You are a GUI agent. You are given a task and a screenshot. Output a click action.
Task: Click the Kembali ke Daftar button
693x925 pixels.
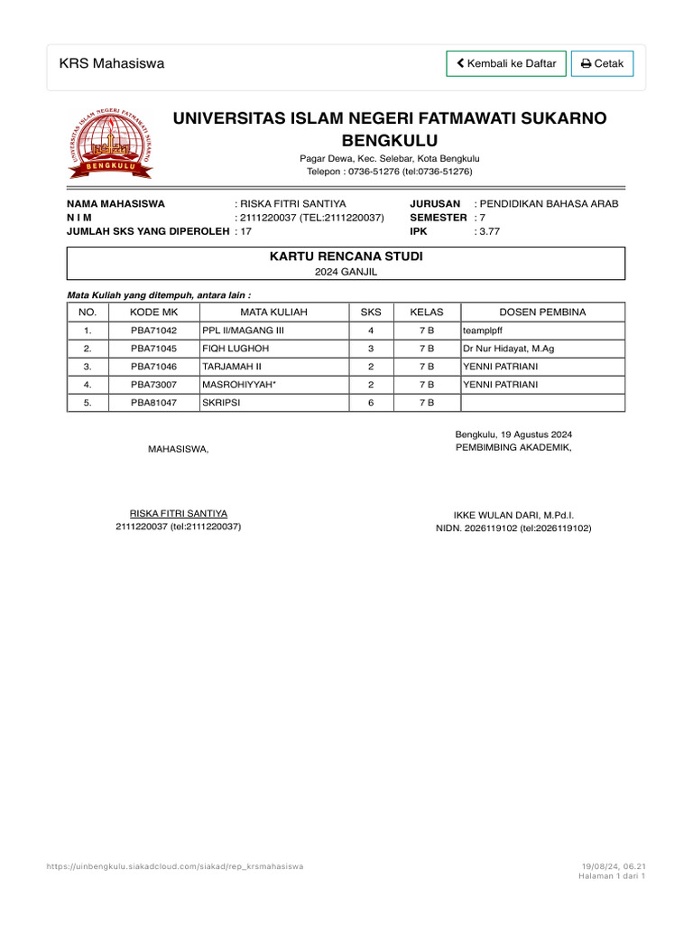point(506,63)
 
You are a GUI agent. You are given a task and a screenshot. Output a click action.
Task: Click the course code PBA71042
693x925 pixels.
point(154,331)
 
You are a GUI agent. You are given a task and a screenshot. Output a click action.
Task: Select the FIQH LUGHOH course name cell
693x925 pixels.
point(236,348)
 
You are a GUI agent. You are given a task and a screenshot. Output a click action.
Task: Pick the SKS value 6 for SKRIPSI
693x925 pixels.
point(371,403)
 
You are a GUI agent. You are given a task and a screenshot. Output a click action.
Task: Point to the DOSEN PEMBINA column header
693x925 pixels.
point(542,313)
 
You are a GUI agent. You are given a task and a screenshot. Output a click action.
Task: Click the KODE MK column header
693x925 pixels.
point(154,313)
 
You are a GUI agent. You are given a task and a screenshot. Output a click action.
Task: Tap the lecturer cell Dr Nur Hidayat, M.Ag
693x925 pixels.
point(509,348)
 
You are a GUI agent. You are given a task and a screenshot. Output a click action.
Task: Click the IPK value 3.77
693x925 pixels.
point(489,231)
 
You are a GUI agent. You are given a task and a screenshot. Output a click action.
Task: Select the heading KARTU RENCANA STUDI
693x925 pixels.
point(346,257)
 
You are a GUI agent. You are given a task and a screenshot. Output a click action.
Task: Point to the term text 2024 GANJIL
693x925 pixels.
point(346,271)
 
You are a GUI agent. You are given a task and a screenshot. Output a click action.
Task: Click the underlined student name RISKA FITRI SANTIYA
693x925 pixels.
point(179,512)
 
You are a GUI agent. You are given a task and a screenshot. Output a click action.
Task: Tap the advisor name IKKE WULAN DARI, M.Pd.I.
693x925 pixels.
point(513,514)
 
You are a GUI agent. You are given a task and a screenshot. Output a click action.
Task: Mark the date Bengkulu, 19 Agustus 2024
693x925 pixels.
point(513,434)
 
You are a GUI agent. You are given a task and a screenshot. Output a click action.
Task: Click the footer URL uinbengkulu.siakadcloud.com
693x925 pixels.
point(175,866)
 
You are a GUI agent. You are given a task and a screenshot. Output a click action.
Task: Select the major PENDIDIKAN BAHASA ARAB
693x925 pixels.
point(550,204)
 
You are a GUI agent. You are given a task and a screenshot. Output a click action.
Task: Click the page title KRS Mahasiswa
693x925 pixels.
point(112,63)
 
